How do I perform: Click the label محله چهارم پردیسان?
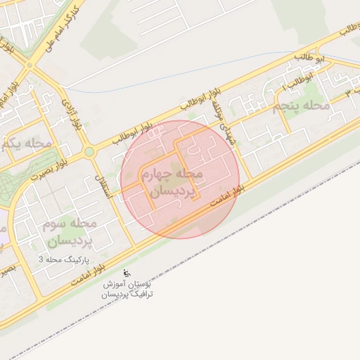pyautogui.click(x=172, y=181)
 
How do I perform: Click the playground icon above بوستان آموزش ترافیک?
pyautogui.click(x=127, y=273)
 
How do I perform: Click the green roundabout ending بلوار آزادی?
pyautogui.click(x=89, y=151)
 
